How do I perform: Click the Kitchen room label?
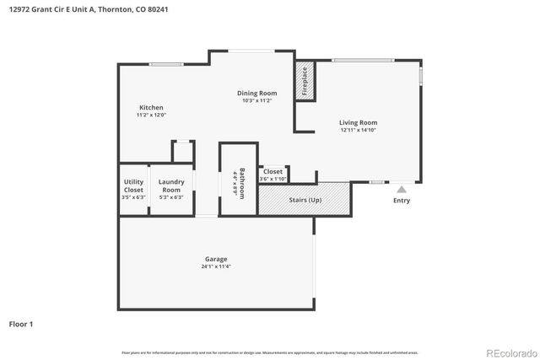(151, 107)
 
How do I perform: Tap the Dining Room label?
(256, 93)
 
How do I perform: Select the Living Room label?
(358, 122)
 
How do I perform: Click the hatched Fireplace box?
(304, 82)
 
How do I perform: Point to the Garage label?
(216, 259)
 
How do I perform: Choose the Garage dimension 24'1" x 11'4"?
(216, 266)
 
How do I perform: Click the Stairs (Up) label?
(305, 201)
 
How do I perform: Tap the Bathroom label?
(242, 181)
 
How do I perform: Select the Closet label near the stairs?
(273, 171)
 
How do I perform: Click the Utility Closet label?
(133, 185)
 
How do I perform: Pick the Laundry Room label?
(171, 185)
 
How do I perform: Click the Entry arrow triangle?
(402, 190)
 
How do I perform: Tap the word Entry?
(402, 201)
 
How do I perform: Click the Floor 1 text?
(22, 323)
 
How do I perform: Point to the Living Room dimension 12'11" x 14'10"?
(358, 130)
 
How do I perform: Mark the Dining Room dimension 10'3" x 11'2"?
(256, 100)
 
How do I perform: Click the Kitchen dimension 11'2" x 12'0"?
(151, 115)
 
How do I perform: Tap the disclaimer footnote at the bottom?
(269, 352)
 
